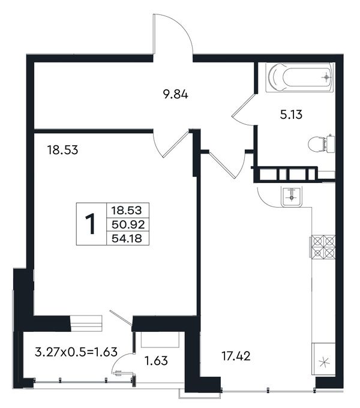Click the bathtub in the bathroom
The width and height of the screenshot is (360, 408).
coord(299,77)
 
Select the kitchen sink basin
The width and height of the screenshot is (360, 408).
coord(292,196)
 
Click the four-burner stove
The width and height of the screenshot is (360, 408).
coord(323,247)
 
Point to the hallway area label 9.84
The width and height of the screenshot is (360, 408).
coord(175,94)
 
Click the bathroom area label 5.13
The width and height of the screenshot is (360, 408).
coord(291,115)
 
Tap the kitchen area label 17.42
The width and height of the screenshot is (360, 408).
coord(236,356)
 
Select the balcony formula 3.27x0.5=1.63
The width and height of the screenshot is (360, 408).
coord(76,352)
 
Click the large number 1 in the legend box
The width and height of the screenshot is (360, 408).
coord(91,224)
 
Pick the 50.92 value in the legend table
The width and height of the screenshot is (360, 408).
coord(128,224)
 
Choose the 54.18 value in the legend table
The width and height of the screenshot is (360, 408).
coord(127,238)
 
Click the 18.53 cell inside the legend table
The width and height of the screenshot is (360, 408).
coord(127,210)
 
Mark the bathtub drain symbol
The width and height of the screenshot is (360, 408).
coord(326,77)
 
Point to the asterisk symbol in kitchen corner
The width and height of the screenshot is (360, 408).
coord(324,362)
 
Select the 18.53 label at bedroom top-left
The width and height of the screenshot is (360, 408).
coord(62,150)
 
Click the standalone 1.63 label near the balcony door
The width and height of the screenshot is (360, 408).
coord(156,361)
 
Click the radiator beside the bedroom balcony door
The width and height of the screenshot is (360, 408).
coord(86,323)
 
